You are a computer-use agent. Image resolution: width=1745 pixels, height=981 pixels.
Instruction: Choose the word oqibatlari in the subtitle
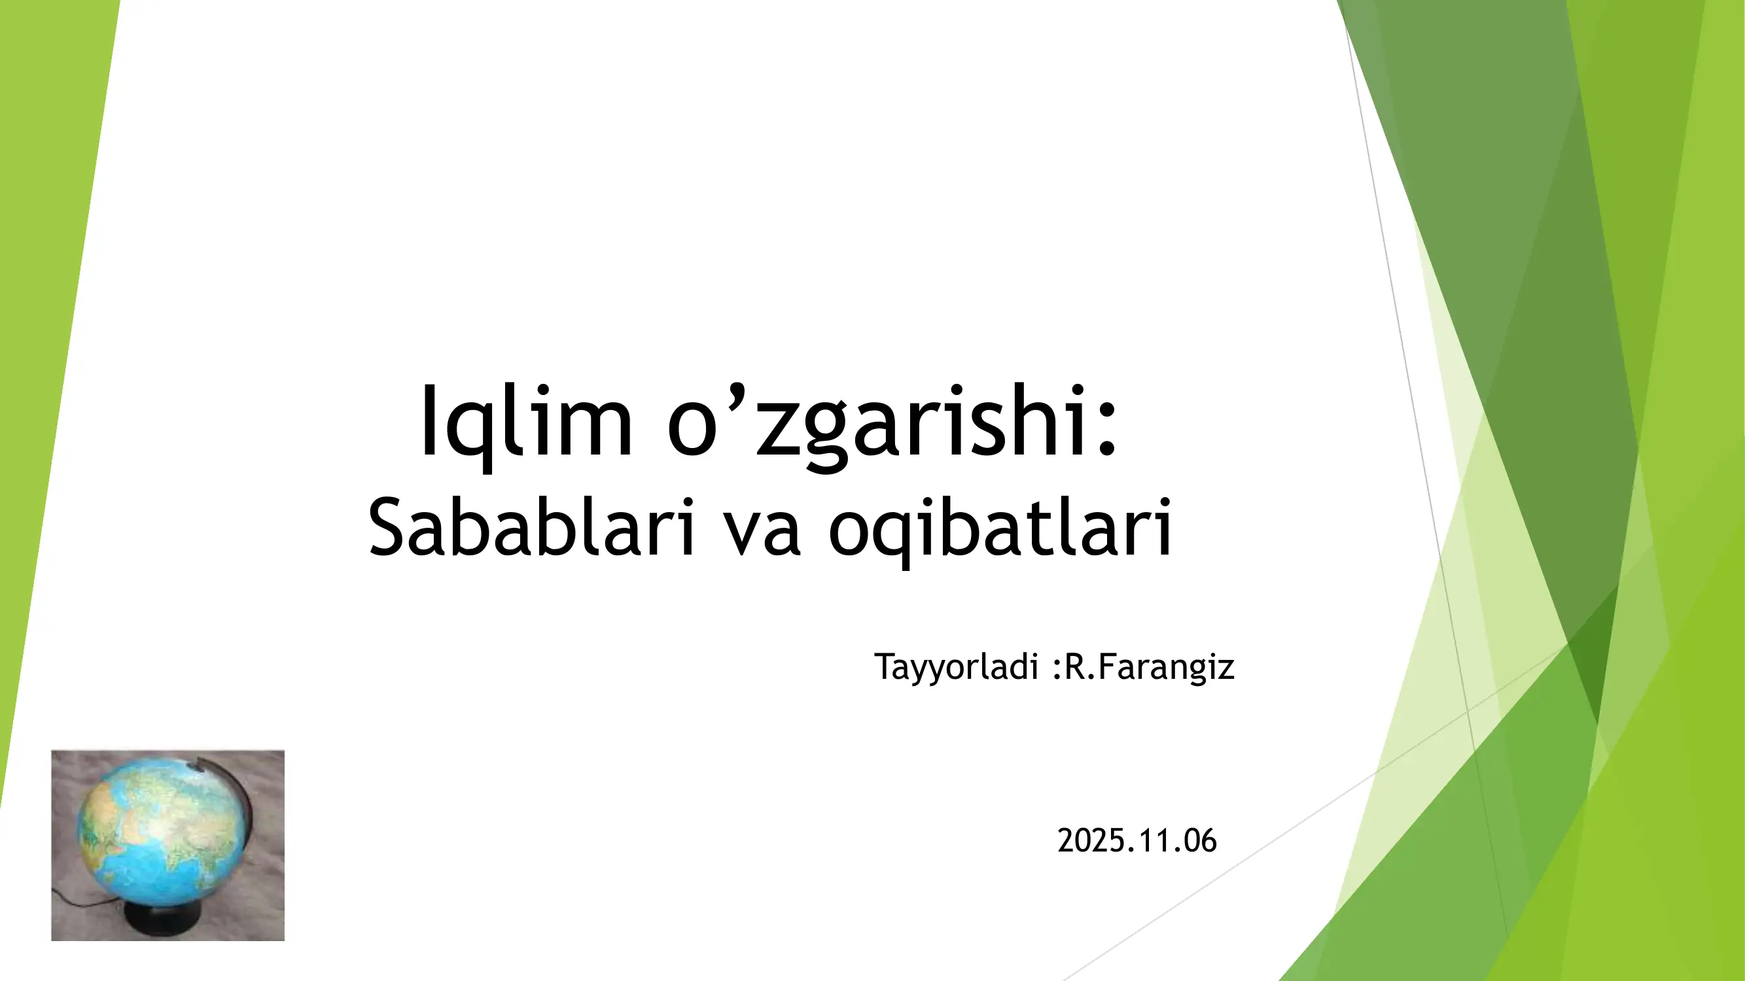(x=1000, y=528)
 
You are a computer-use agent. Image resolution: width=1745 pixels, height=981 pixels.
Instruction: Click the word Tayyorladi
(x=955, y=667)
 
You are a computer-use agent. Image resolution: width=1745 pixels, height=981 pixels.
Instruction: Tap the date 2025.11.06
(x=1137, y=840)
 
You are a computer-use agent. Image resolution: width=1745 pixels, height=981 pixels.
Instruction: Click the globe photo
(x=167, y=845)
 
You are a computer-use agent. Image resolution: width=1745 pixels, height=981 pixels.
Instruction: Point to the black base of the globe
(x=162, y=921)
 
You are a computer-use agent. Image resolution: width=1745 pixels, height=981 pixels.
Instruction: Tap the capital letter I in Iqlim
(x=428, y=421)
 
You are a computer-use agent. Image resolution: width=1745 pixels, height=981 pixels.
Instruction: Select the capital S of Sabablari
(x=387, y=527)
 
